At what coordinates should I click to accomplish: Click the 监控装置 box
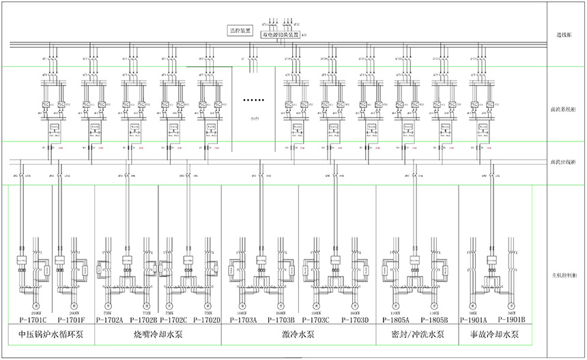click(240, 31)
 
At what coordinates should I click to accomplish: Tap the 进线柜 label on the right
click(564, 35)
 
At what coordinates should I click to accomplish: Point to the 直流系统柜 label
click(564, 108)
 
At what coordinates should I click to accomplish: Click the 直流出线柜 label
click(564, 162)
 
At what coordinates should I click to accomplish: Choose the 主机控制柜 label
click(564, 276)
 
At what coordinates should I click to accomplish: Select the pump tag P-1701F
click(72, 319)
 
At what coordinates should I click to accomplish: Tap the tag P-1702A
click(109, 319)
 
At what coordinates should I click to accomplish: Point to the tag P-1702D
click(207, 319)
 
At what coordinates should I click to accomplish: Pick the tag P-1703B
click(281, 319)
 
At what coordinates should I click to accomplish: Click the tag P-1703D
click(355, 319)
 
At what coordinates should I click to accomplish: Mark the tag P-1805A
click(396, 319)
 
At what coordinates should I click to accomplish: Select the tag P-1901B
click(506, 319)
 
